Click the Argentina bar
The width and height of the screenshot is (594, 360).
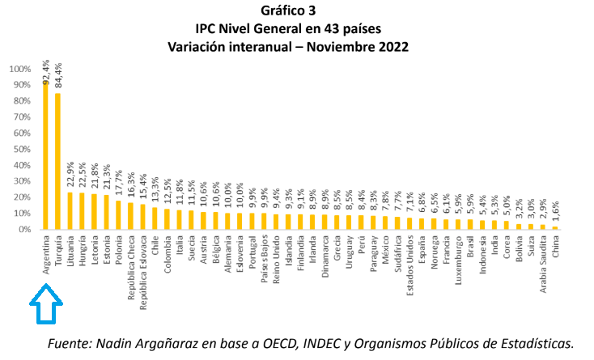tap(45, 154)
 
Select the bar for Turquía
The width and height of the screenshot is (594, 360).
tap(57, 161)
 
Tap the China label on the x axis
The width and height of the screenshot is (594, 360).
tap(556, 246)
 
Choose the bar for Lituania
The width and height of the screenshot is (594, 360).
tap(70, 210)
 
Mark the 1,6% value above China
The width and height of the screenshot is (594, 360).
tap(556, 213)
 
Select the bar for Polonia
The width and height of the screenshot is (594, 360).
tap(118, 214)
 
